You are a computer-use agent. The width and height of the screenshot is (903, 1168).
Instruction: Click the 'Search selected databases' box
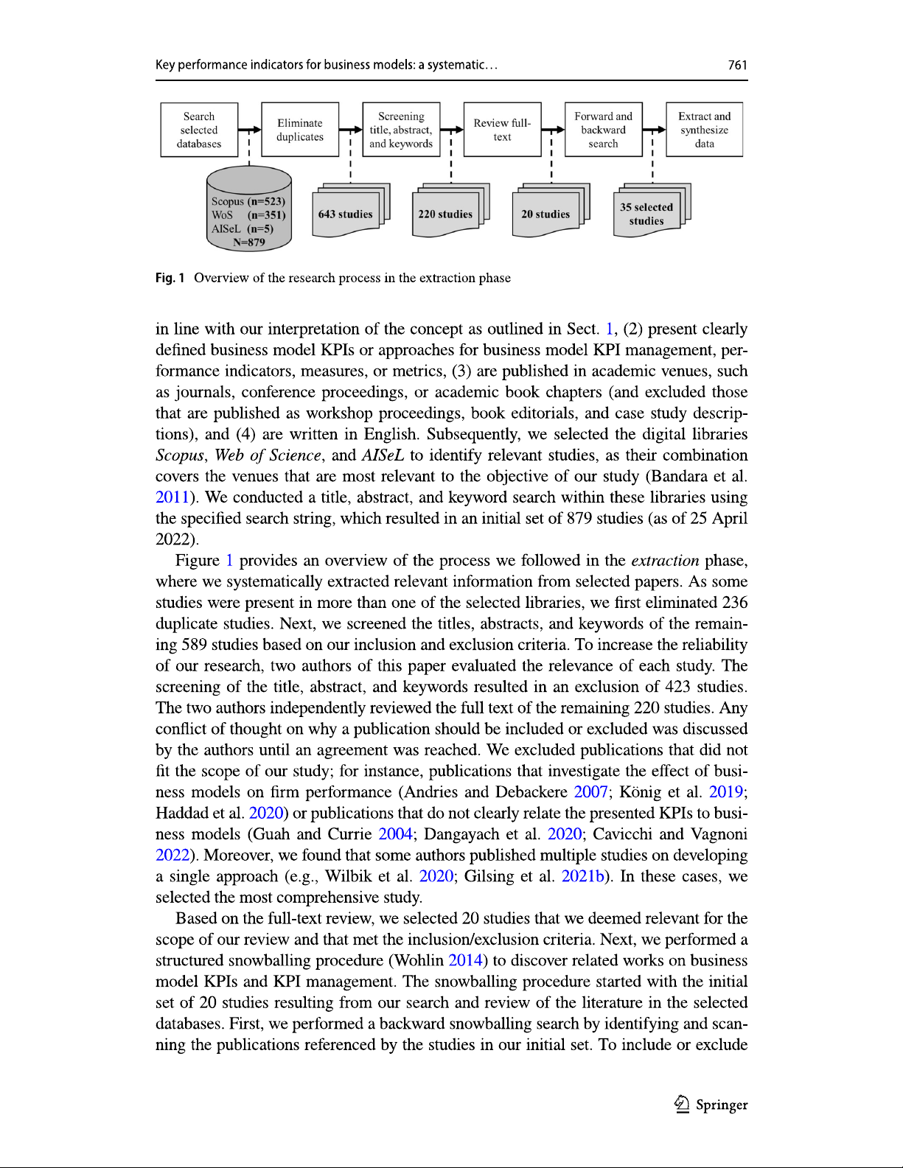click(x=199, y=130)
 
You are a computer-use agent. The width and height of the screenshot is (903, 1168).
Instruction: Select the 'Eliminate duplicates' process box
click(x=300, y=130)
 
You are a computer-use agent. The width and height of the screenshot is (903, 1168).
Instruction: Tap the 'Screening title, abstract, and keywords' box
click(x=401, y=130)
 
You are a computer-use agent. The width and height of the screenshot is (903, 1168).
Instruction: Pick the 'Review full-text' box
click(x=502, y=130)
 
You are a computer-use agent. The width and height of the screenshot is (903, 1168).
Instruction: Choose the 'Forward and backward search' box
click(x=603, y=130)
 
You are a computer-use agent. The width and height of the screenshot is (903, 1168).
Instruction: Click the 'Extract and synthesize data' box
click(x=704, y=130)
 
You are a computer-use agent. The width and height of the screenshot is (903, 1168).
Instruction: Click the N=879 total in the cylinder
click(x=249, y=242)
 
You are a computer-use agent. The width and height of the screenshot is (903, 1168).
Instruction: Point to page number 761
click(x=737, y=65)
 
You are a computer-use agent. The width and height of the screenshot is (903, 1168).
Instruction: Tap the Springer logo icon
click(x=682, y=1104)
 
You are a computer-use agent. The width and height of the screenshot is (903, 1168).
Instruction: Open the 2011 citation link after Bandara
click(x=172, y=497)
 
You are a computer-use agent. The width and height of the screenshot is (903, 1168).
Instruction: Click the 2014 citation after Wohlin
click(x=465, y=960)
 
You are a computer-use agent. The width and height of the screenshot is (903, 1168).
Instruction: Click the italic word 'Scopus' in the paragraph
click(x=179, y=455)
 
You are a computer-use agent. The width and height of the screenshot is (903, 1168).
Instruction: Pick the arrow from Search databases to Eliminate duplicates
click(x=250, y=130)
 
